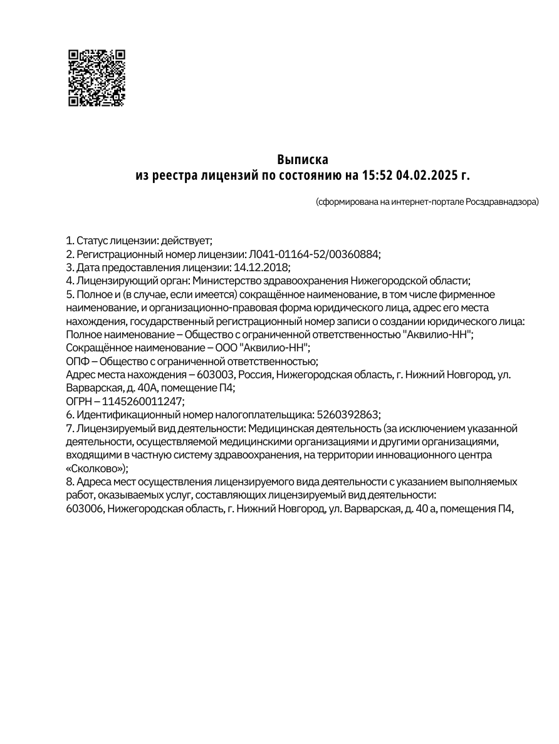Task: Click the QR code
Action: click(x=97, y=78)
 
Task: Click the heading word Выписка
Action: click(x=303, y=159)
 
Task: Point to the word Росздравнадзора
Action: click(x=501, y=202)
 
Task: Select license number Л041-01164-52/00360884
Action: click(x=314, y=254)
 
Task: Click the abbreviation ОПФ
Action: click(x=77, y=361)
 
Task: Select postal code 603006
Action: click(x=84, y=509)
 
